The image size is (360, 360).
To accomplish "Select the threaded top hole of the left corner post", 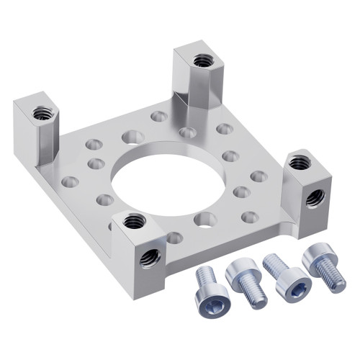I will point(42,112).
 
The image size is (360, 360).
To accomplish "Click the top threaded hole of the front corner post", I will point(135,221).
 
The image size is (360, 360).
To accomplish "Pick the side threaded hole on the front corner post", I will point(150,257).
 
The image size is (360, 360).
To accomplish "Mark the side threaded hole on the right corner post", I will point(315,197).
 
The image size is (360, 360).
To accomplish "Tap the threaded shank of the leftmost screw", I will point(205,276).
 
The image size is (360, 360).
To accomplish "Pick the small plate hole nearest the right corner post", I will point(259,176).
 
